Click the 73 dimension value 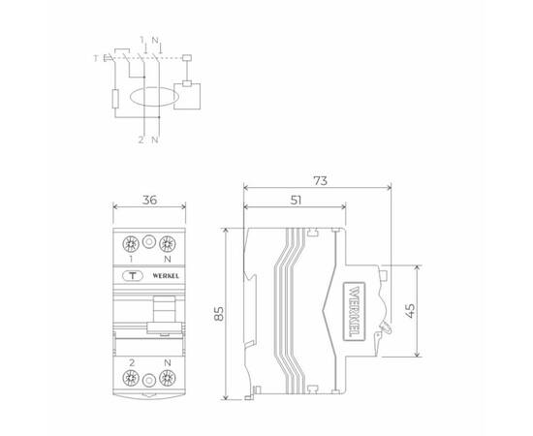320,180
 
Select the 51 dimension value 297,201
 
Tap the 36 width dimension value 149,201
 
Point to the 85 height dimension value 219,314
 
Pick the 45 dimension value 410,311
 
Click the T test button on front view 133,275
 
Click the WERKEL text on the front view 166,276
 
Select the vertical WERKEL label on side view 355,311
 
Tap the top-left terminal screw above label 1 131,244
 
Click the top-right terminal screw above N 168,244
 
